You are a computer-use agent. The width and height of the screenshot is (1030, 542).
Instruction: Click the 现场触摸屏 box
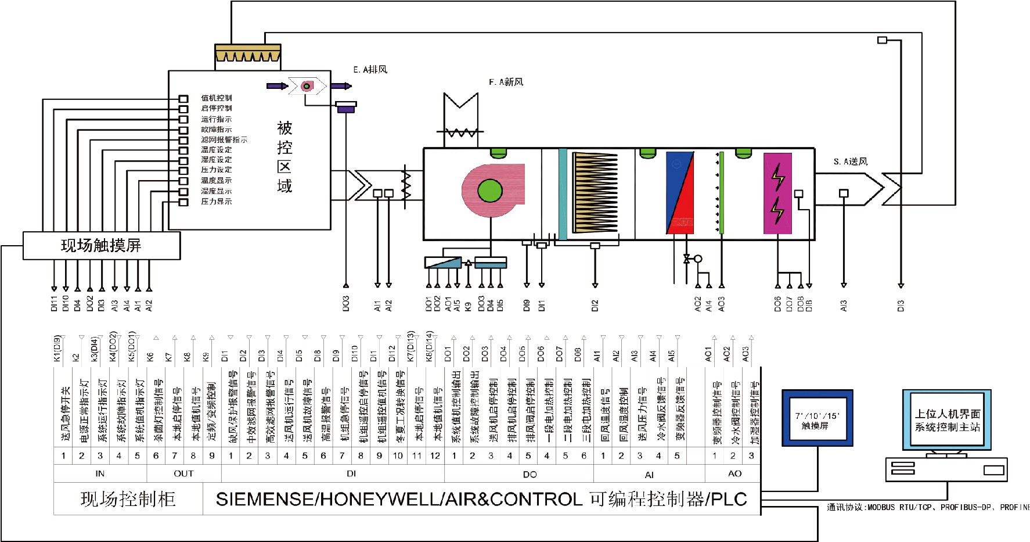coord(101,245)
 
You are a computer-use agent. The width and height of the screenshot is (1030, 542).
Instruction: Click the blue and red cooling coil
coord(679,193)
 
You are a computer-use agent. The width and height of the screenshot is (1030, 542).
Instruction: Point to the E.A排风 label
coord(370,70)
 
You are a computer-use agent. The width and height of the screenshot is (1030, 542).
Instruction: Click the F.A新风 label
coord(506,82)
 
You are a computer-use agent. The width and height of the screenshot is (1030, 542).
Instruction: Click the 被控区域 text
coord(284,157)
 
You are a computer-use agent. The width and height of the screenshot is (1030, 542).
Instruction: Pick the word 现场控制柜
coord(128,499)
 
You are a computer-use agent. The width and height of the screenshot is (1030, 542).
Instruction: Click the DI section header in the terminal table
coord(351,473)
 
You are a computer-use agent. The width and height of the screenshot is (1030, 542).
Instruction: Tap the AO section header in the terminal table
coord(734,473)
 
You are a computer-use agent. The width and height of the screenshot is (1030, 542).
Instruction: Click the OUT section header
coord(183,473)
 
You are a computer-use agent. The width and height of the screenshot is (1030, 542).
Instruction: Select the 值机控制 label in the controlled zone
coord(216,98)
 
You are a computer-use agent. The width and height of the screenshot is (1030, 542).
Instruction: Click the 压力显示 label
coord(216,202)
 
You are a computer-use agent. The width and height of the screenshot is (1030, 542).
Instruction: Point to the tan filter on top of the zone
coord(248,53)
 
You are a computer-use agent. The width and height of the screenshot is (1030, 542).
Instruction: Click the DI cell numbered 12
coord(435,456)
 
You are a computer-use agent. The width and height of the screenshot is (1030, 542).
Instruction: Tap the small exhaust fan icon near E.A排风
coord(307,86)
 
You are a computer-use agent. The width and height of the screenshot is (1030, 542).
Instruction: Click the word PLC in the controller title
coord(728,499)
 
